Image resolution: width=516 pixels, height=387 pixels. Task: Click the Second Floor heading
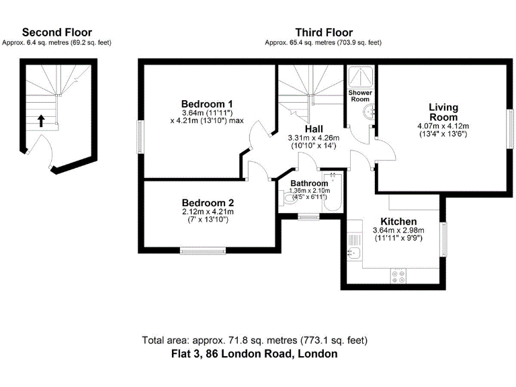coord(57,32)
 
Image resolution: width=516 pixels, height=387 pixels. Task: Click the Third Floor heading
coord(324,32)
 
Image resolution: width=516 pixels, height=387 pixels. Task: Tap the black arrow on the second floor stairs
coord(41,121)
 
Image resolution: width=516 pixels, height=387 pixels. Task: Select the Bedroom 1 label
coord(207,103)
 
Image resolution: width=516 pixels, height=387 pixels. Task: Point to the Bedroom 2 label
coord(208,202)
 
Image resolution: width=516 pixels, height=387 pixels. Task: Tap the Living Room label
coord(443,112)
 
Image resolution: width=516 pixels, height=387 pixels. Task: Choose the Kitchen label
coord(398,222)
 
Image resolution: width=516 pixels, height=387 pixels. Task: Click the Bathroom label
coord(309,183)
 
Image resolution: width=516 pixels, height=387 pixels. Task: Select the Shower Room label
coord(360,95)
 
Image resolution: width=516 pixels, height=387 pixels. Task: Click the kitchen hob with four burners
coord(397,275)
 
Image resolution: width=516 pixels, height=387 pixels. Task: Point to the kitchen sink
coord(353,253)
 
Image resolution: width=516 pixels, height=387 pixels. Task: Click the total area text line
coord(255,340)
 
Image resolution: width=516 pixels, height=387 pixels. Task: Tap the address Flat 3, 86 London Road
coord(255,353)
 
